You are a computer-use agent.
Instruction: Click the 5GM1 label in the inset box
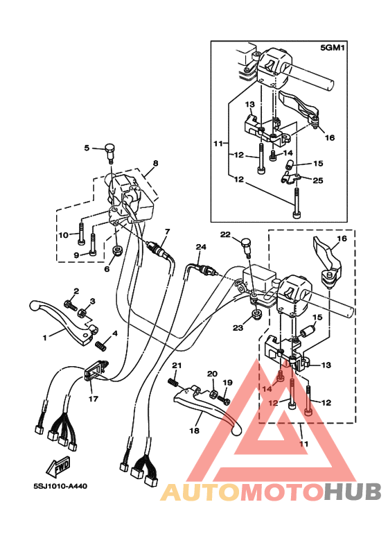[x=332, y=48]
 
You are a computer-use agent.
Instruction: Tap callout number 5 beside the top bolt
[x=87, y=148]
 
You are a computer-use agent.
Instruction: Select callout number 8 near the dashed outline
[x=155, y=163]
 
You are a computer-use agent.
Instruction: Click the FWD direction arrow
[x=58, y=467]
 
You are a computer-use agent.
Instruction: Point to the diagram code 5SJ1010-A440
[x=60, y=486]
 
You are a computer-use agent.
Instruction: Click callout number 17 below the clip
[x=94, y=399]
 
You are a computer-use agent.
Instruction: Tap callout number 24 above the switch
[x=201, y=247]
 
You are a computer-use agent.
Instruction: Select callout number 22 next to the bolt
[x=225, y=234]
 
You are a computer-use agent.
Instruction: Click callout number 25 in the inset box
[x=317, y=180]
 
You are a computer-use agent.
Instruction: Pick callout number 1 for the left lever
[x=45, y=338]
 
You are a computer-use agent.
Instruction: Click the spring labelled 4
[x=100, y=345]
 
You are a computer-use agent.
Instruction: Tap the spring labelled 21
[x=173, y=381]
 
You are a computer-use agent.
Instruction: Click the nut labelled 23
[x=257, y=313]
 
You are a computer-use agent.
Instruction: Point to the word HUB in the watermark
[x=353, y=492]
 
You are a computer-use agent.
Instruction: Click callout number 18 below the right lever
[x=194, y=431]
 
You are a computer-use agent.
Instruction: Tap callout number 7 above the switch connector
[x=167, y=232]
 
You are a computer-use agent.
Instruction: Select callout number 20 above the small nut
[x=212, y=374]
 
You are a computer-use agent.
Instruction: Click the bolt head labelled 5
[x=109, y=148]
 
